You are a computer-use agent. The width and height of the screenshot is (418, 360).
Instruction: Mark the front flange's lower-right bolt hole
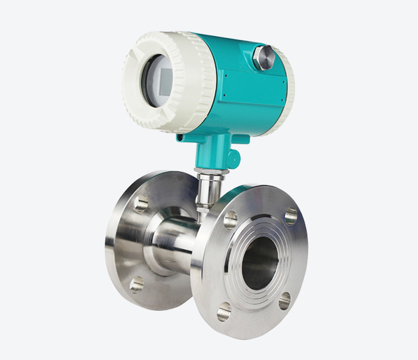point(284,301)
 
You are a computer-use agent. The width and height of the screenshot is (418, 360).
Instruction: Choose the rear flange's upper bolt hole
point(142,203)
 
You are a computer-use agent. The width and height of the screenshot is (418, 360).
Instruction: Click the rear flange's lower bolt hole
point(136,284)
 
